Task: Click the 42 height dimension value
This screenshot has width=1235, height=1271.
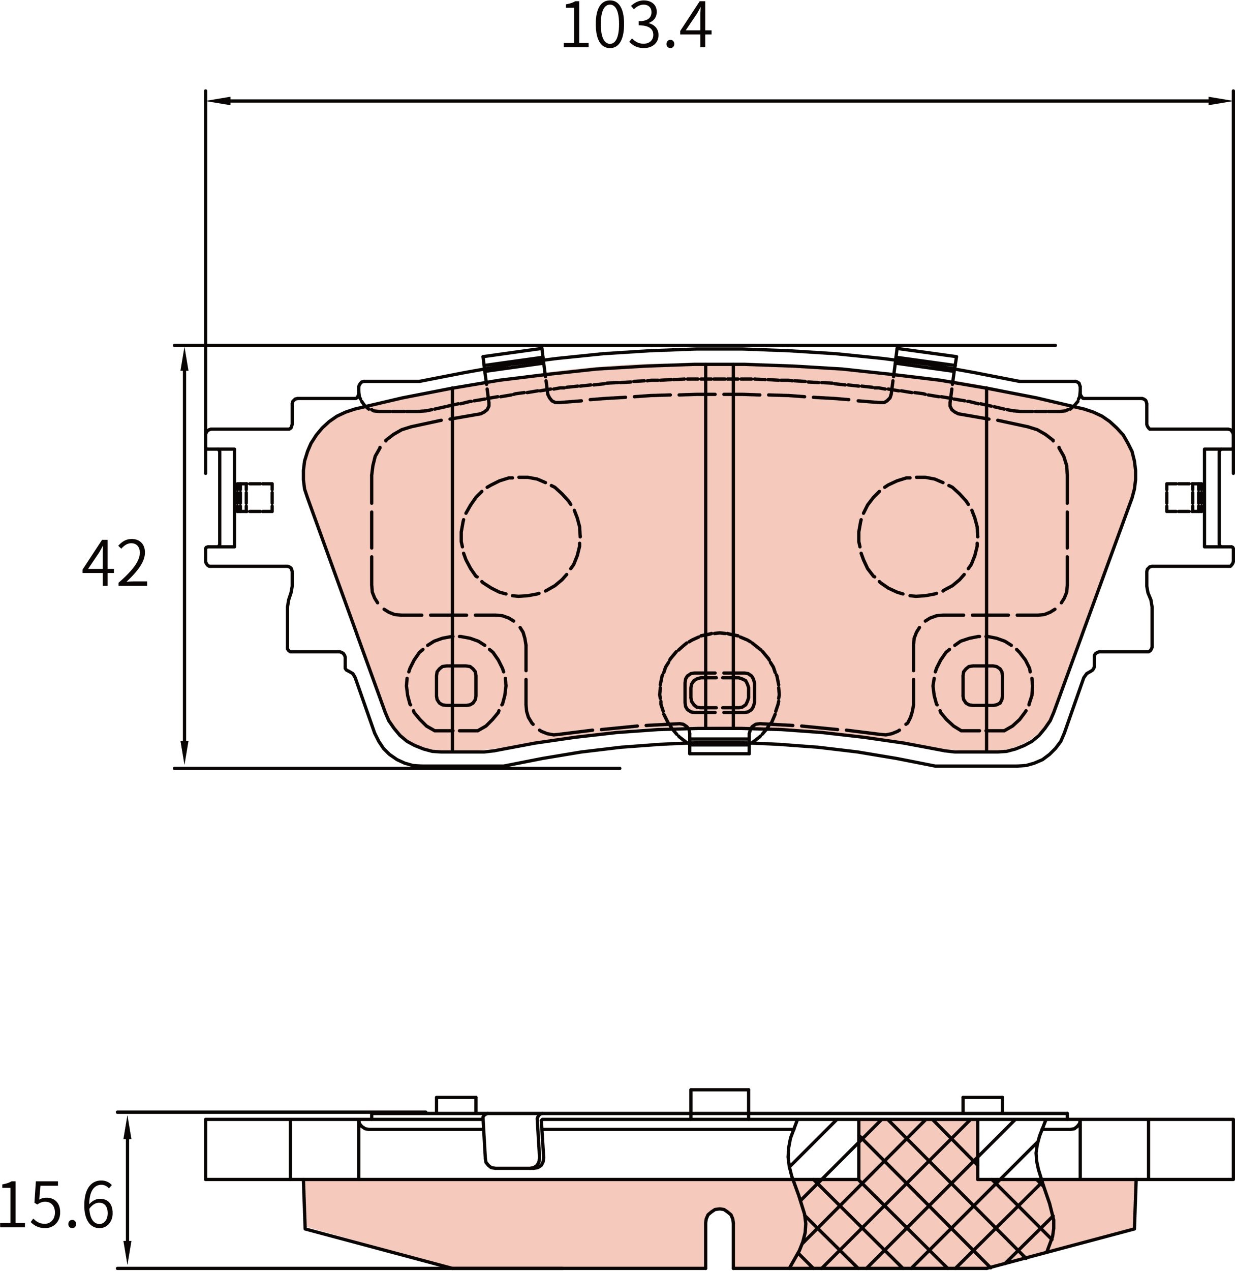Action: click(x=115, y=563)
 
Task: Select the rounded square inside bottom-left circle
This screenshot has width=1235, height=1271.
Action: click(x=456, y=685)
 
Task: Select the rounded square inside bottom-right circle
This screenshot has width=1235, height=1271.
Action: click(x=983, y=685)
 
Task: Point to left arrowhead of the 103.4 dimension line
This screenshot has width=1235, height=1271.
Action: click(x=218, y=101)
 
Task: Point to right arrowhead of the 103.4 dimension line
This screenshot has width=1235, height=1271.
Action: click(x=1219, y=101)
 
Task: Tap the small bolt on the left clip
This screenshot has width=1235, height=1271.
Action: click(x=254, y=497)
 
